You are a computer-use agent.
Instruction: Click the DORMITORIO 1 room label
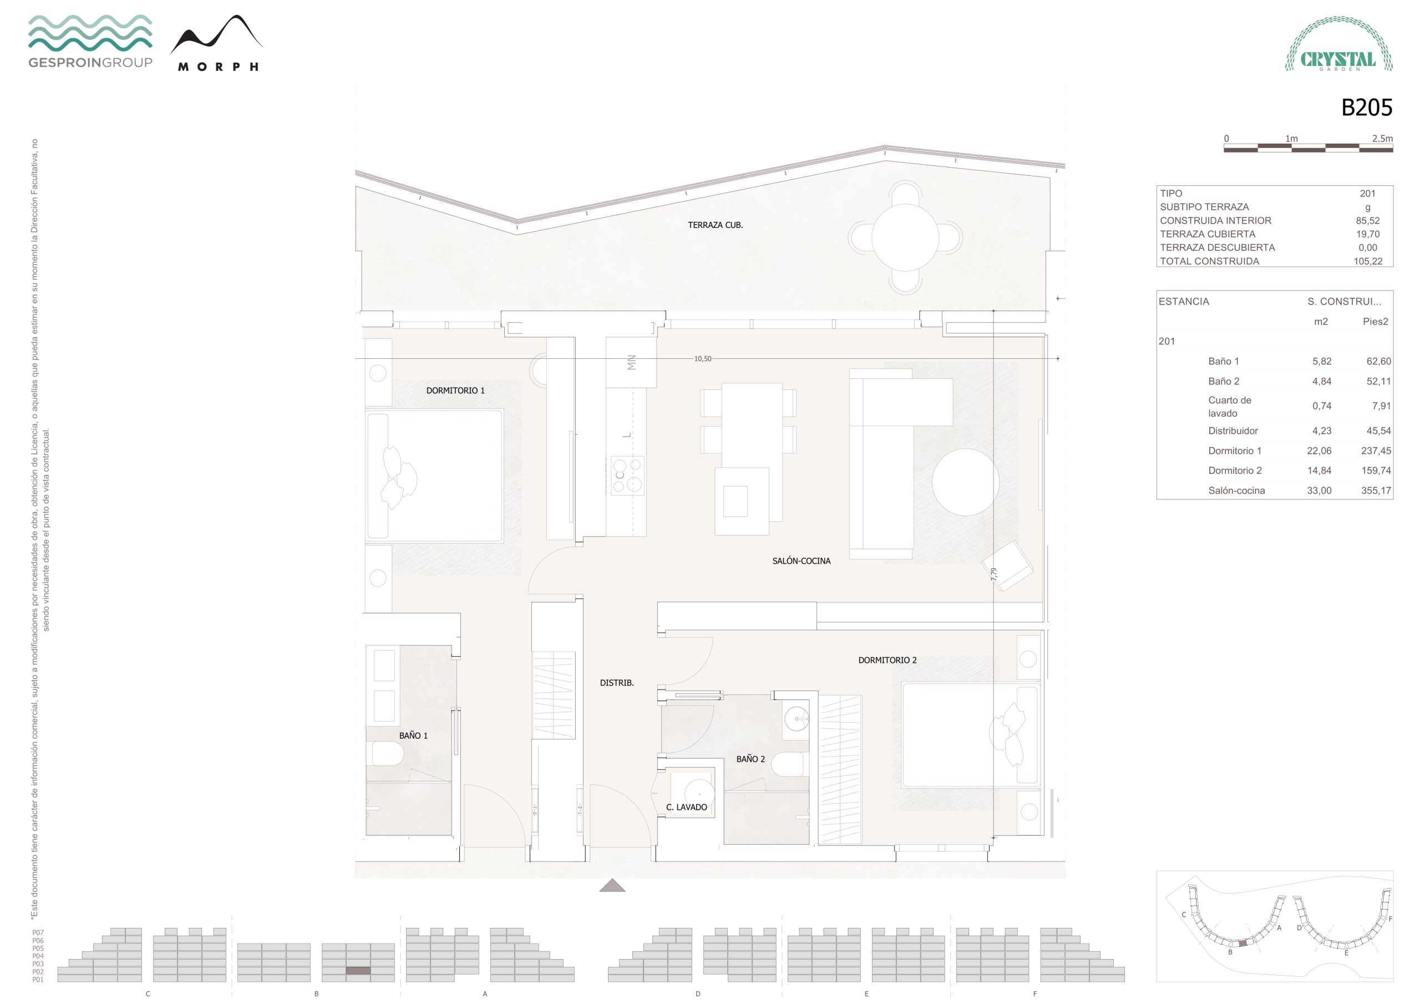(455, 391)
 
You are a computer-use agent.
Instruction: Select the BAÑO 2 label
(750, 758)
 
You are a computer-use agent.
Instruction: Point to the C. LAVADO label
(687, 807)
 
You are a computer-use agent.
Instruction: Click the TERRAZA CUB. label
(715, 225)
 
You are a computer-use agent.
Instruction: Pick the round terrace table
(905, 237)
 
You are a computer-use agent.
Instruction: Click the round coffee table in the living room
(965, 482)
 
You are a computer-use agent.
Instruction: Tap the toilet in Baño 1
(386, 753)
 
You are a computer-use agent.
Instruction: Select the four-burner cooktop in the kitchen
(627, 475)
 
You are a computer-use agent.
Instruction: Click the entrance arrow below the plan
(612, 885)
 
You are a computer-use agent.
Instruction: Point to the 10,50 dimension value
(703, 359)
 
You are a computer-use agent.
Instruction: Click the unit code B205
(1366, 108)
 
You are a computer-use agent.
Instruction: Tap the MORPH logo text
(217, 67)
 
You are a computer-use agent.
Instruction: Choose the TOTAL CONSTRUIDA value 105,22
(1367, 261)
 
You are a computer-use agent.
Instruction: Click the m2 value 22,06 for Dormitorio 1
(1318, 450)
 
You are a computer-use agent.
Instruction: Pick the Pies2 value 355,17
(1376, 490)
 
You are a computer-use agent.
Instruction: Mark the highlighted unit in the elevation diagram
(357, 971)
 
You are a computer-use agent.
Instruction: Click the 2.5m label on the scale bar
(1382, 139)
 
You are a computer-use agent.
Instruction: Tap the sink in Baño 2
(796, 719)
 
